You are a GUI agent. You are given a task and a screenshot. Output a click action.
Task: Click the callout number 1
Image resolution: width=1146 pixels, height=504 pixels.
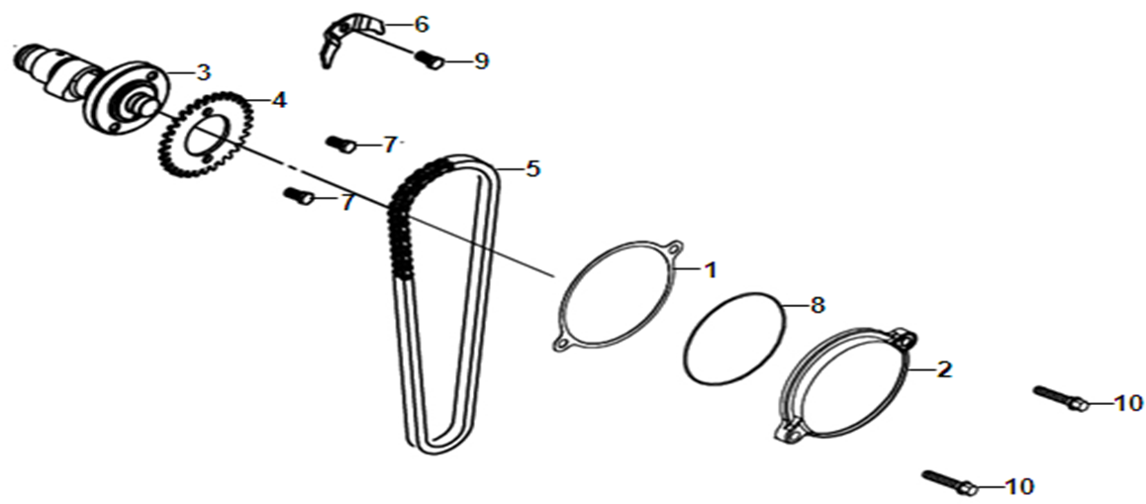[x=709, y=270]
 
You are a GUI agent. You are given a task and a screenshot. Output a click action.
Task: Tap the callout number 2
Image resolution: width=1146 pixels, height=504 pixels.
[x=944, y=369]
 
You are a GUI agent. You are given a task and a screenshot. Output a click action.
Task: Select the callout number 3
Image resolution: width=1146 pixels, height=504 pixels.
[x=203, y=72]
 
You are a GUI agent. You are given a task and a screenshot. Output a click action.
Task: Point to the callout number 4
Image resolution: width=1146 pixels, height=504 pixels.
[x=278, y=100]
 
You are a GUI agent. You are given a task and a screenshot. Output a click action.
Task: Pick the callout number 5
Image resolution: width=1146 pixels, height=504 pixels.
[x=532, y=169]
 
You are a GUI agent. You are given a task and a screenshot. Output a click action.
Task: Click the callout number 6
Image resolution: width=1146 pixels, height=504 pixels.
[x=421, y=24]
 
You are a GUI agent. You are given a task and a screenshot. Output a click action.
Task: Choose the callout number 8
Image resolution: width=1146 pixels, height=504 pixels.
[x=817, y=304]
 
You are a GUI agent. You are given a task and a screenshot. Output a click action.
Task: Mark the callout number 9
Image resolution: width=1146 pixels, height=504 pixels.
[x=480, y=61]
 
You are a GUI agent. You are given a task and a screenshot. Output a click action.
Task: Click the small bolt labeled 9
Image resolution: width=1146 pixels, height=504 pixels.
[x=430, y=60]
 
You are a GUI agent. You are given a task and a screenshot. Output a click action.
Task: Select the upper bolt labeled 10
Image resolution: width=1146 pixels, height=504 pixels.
[x=1061, y=398]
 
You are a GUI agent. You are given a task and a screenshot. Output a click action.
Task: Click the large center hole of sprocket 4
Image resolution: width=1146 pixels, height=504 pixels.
[x=206, y=140]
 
